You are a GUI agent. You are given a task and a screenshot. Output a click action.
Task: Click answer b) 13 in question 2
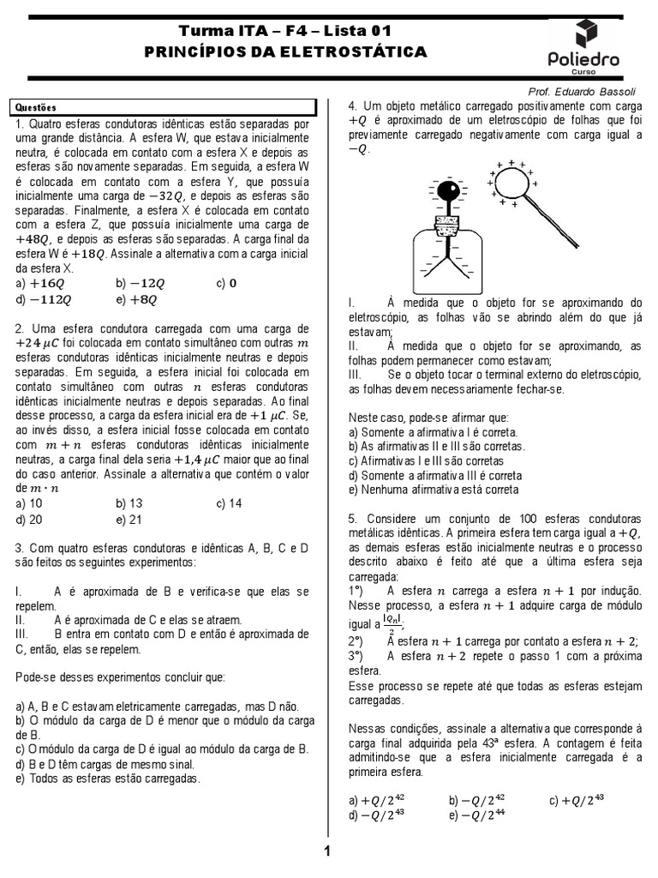tap(129, 503)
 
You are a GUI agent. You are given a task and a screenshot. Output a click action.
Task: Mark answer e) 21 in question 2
tap(129, 520)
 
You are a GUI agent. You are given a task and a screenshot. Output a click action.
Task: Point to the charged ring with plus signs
tap(512, 182)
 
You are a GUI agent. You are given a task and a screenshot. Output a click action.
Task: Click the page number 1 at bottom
tap(326, 851)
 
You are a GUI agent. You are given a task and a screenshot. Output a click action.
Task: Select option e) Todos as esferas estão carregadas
tap(107, 779)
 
